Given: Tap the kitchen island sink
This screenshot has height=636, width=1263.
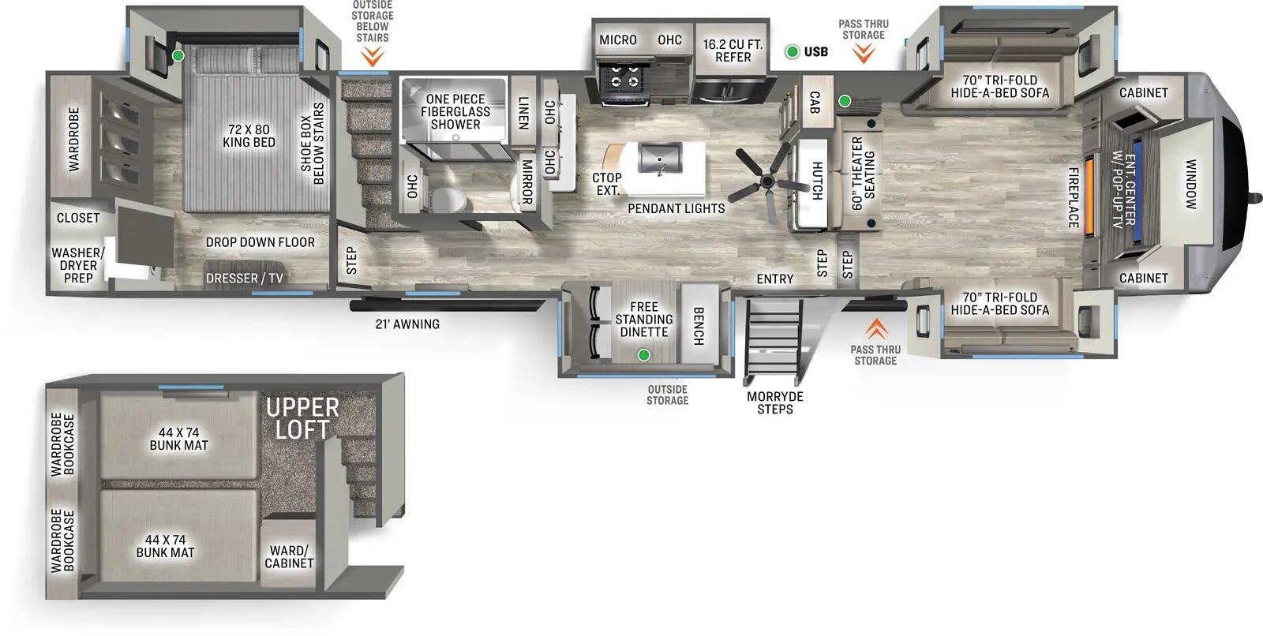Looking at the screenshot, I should pyautogui.click(x=660, y=158).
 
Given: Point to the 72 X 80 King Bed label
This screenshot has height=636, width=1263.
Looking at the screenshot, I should pyautogui.click(x=249, y=136).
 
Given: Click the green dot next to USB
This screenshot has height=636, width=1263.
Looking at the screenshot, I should pyautogui.click(x=792, y=52).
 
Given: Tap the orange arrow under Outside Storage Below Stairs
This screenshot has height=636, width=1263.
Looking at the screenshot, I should pyautogui.click(x=372, y=56).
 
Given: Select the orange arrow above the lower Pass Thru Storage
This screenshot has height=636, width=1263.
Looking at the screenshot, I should pyautogui.click(x=875, y=328).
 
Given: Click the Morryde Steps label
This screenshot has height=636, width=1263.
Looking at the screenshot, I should pyautogui.click(x=774, y=402).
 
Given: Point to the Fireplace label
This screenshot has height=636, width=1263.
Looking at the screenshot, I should pyautogui.click(x=1074, y=197).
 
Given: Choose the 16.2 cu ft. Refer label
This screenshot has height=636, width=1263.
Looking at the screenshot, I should pyautogui.click(x=733, y=51).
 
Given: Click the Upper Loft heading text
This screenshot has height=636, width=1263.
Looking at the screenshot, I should pyautogui.click(x=302, y=418).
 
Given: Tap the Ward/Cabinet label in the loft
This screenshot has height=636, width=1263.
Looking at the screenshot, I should pyautogui.click(x=289, y=557).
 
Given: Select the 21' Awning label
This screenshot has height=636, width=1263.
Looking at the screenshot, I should pyautogui.click(x=407, y=324).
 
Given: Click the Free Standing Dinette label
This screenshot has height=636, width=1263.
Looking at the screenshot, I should pyautogui.click(x=644, y=320).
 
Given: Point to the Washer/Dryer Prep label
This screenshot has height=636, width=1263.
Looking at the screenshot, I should pyautogui.click(x=77, y=265).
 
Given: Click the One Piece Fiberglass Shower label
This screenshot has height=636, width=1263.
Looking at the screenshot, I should pyautogui.click(x=455, y=111).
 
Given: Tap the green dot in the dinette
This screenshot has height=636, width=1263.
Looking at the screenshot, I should pyautogui.click(x=643, y=355).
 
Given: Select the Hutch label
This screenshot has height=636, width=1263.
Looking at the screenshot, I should pyautogui.click(x=818, y=180).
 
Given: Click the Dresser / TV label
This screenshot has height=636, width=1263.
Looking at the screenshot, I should pyautogui.click(x=244, y=279).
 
